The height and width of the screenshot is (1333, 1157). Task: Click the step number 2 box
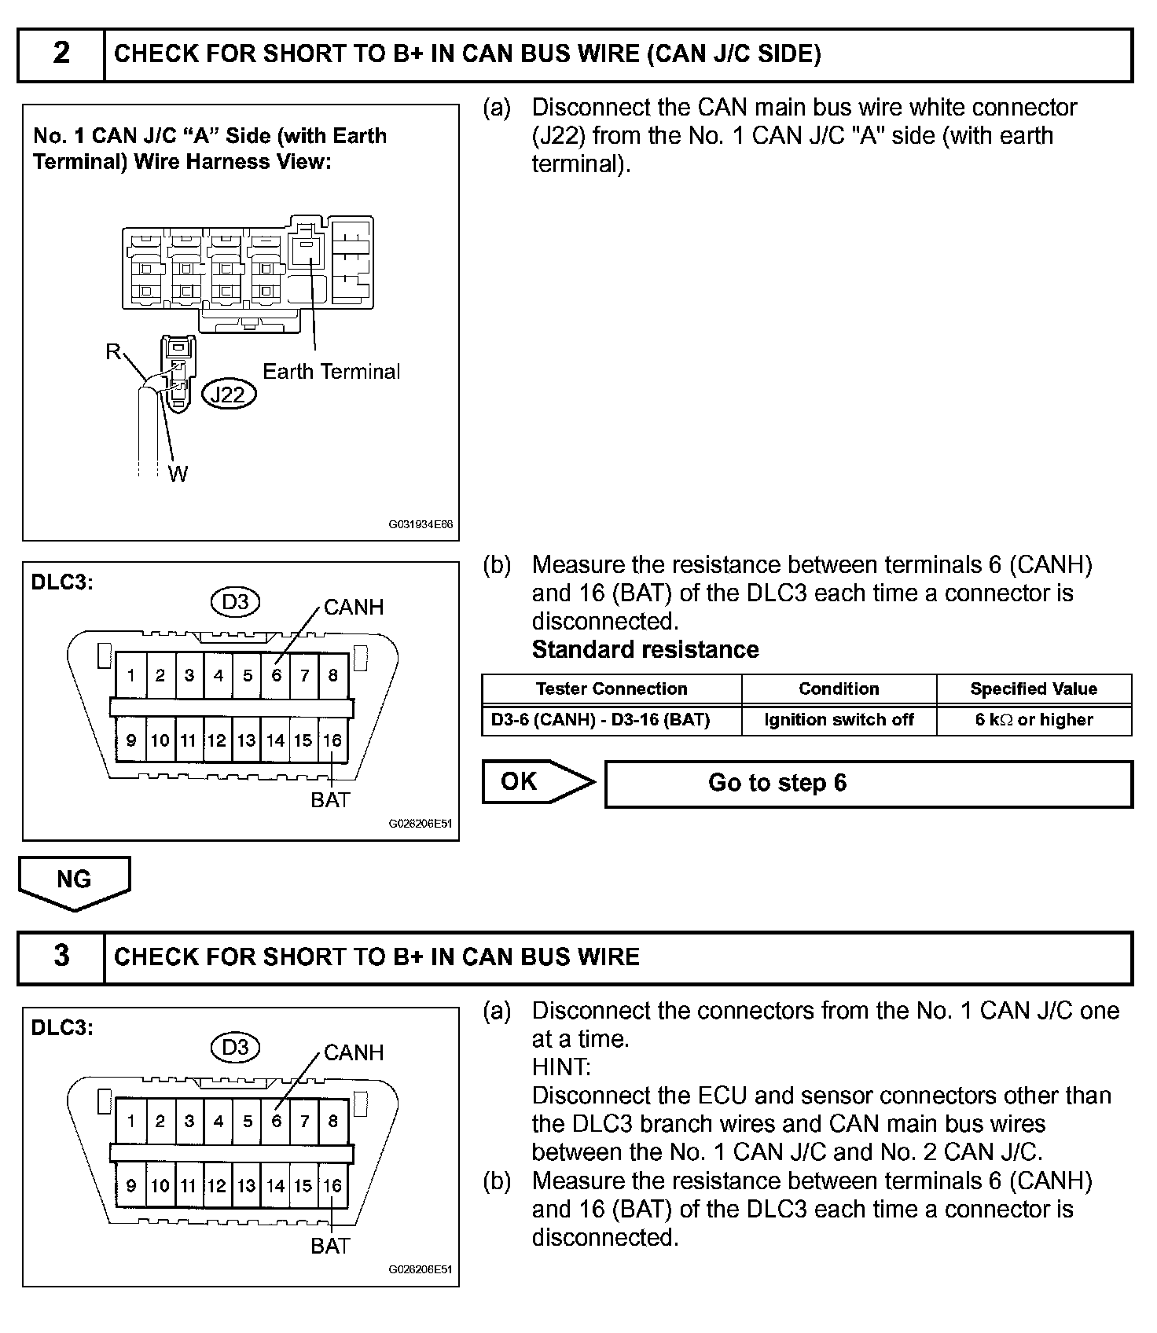click(61, 54)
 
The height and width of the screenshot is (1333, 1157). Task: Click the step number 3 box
click(61, 957)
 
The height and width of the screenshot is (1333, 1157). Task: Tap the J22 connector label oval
click(229, 394)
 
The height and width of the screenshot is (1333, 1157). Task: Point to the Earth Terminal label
click(331, 372)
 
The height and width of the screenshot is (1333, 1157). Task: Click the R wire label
click(113, 351)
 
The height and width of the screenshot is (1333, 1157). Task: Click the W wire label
click(178, 473)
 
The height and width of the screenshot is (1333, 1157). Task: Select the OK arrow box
click(538, 782)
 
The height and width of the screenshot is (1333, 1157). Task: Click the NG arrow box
click(75, 883)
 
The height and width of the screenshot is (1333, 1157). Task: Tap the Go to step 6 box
click(869, 783)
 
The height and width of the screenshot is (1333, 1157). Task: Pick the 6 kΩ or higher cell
click(1034, 720)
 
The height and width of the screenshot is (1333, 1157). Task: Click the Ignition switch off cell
click(839, 720)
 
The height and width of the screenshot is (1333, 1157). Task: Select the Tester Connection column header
click(612, 689)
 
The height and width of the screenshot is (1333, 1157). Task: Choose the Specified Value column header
click(1034, 689)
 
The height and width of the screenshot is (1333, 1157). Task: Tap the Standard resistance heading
click(645, 650)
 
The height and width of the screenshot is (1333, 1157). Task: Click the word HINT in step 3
click(561, 1067)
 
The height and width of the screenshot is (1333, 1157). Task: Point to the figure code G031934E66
click(421, 524)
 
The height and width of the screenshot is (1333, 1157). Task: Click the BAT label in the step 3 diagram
click(330, 1246)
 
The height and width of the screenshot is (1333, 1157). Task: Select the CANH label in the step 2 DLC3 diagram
click(354, 607)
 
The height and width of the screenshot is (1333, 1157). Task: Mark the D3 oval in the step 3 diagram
click(235, 1047)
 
